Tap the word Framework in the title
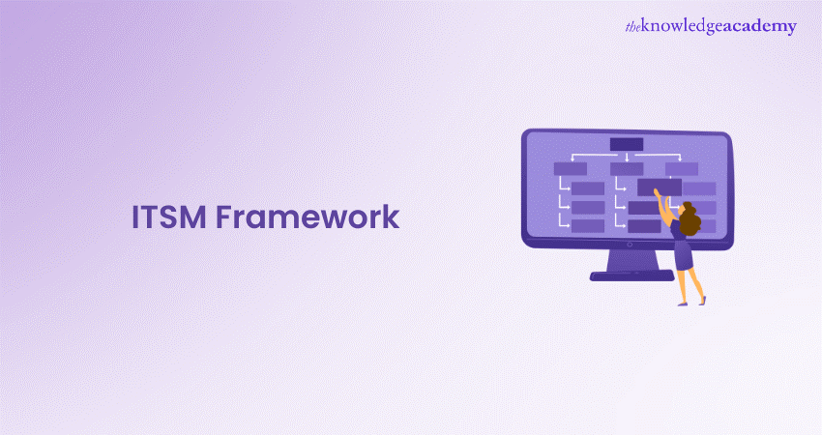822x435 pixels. (x=308, y=217)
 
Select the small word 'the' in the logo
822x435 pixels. (x=632, y=27)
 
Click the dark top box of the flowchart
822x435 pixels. (x=627, y=144)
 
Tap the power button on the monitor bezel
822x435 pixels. (x=630, y=245)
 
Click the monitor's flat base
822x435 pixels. (x=631, y=275)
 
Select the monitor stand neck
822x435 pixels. (x=632, y=260)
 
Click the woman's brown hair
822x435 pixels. (x=690, y=219)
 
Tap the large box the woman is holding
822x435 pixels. (x=660, y=188)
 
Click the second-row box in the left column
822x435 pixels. (x=571, y=169)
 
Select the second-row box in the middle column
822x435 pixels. (x=627, y=169)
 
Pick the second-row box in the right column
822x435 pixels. (x=682, y=169)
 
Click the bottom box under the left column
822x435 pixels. (x=588, y=226)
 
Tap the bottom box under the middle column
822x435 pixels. (x=644, y=226)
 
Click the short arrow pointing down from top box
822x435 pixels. (x=627, y=157)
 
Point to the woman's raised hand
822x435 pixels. (x=657, y=193)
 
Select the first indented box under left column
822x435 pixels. (x=588, y=188)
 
